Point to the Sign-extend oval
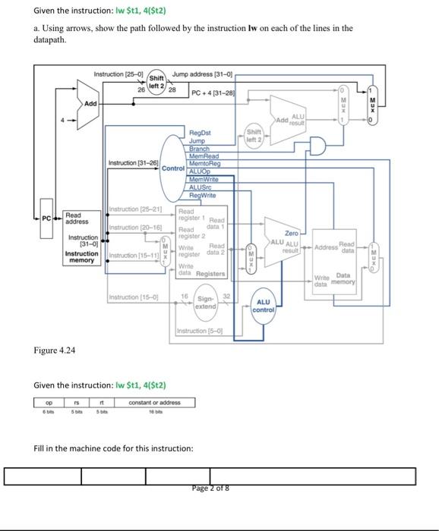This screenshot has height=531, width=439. point(206,302)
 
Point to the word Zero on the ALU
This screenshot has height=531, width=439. point(291,234)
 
